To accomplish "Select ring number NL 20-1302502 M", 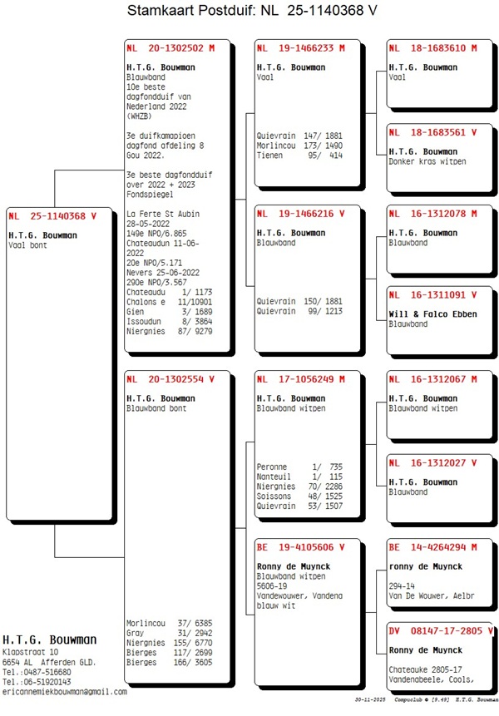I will [171, 48].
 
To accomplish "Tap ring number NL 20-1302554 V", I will [171, 379].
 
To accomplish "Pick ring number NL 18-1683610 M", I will [433, 48].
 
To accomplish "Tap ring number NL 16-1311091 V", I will [433, 294].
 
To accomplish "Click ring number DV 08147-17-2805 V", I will [442, 631].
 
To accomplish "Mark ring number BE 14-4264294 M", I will [433, 547].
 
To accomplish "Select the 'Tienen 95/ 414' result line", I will [299, 156].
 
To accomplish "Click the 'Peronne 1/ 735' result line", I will [299, 467].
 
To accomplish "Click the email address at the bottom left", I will [65, 691].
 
